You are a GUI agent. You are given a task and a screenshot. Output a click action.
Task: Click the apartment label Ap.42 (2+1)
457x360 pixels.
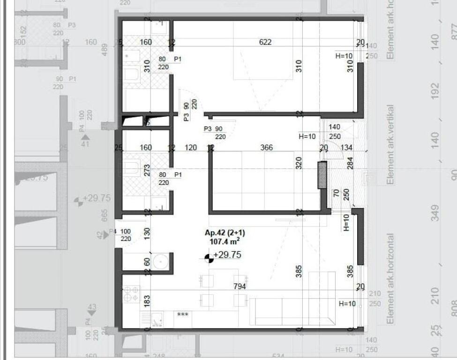(x=225, y=233)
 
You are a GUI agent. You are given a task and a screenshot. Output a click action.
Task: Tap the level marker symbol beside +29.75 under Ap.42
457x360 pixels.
(x=209, y=257)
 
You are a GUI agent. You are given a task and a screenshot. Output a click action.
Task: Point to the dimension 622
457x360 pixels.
(x=265, y=42)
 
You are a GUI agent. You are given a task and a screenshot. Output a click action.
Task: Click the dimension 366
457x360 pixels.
(x=266, y=148)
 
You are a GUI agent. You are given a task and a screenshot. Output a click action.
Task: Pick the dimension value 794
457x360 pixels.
(x=240, y=286)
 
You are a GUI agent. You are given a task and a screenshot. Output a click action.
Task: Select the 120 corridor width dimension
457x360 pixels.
(x=190, y=148)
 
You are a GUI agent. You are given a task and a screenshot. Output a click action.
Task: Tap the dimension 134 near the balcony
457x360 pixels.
(x=347, y=148)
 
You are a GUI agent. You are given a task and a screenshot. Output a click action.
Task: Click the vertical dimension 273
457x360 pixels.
(x=147, y=170)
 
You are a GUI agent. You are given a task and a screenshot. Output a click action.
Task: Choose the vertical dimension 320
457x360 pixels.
(x=299, y=163)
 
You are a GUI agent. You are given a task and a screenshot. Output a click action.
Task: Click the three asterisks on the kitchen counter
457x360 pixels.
(x=183, y=315)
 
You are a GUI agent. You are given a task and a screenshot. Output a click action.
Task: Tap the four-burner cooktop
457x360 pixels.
(x=131, y=293)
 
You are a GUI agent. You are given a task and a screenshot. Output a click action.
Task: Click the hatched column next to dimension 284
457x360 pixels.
(x=322, y=175)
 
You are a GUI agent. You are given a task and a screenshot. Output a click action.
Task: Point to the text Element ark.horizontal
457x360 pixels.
(x=390, y=278)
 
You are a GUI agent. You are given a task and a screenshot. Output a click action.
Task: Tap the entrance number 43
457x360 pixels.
(x=92, y=307)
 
